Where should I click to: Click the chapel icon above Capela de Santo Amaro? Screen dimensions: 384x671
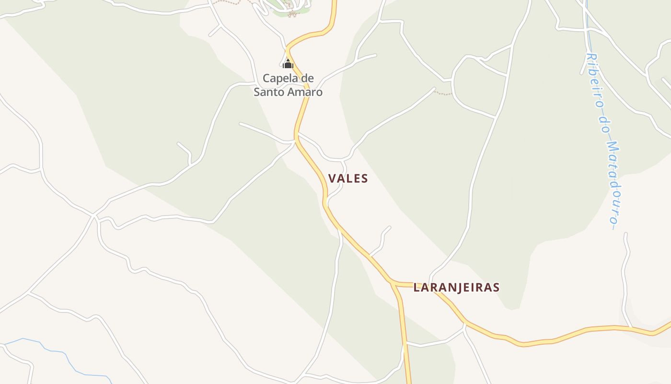[288, 63]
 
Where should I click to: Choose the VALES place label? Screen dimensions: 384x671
[348, 179]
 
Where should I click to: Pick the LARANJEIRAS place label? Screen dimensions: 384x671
[456, 288]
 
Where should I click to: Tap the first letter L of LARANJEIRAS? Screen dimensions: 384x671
[416, 288]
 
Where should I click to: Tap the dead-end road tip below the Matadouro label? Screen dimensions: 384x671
[625, 234]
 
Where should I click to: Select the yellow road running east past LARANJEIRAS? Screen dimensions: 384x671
[551, 340]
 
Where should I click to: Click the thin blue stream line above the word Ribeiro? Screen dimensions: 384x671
[587, 34]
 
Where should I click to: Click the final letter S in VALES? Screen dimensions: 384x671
[365, 179]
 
